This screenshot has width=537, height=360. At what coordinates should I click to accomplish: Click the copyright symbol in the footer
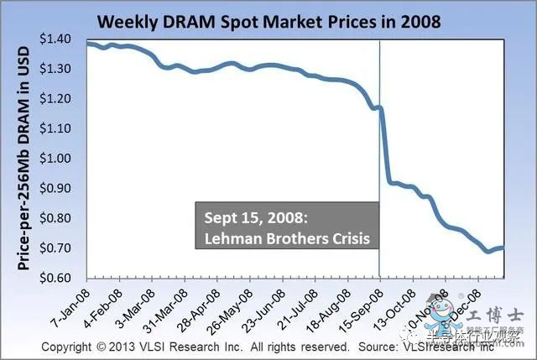pyautogui.click(x=111, y=346)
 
